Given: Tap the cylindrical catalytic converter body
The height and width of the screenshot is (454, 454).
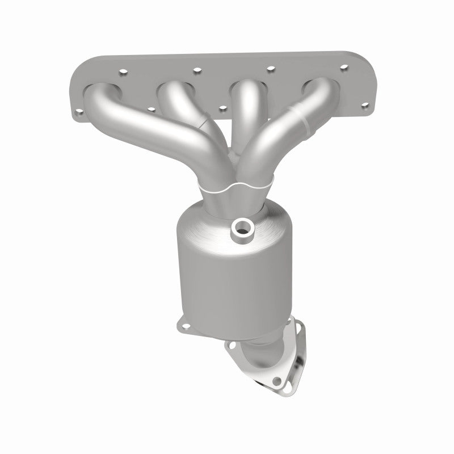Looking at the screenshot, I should tap(227, 267).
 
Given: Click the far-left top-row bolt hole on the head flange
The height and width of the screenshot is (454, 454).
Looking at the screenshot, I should tap(121, 73).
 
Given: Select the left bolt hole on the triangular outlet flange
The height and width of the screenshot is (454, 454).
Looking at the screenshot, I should tap(231, 344).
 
